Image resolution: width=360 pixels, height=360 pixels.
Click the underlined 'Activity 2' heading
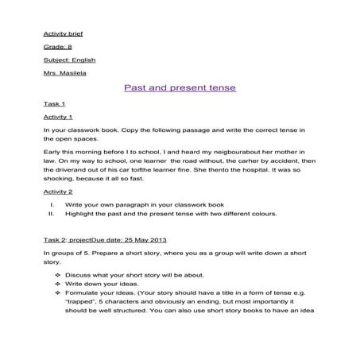(x=58, y=192)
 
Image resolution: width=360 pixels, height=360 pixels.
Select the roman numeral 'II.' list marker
(x=52, y=214)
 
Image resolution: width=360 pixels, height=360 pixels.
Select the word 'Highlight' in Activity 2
(x=79, y=214)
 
